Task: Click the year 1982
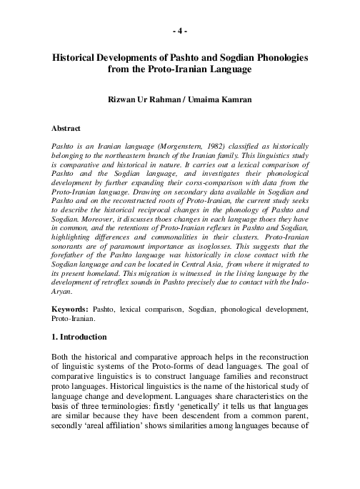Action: click(x=221, y=145)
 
